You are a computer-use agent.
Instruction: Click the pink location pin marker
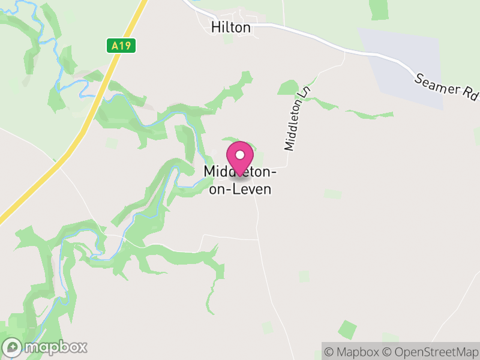click(240, 157)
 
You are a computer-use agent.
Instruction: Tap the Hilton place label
click(231, 27)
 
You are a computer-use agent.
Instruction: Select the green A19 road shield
click(121, 45)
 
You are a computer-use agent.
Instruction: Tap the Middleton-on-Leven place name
click(240, 181)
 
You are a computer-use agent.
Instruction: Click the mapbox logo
click(46, 347)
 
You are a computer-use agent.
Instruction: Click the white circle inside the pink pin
click(240, 154)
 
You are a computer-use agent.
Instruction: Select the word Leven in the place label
click(253, 190)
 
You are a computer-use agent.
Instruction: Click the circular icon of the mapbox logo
click(13, 347)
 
